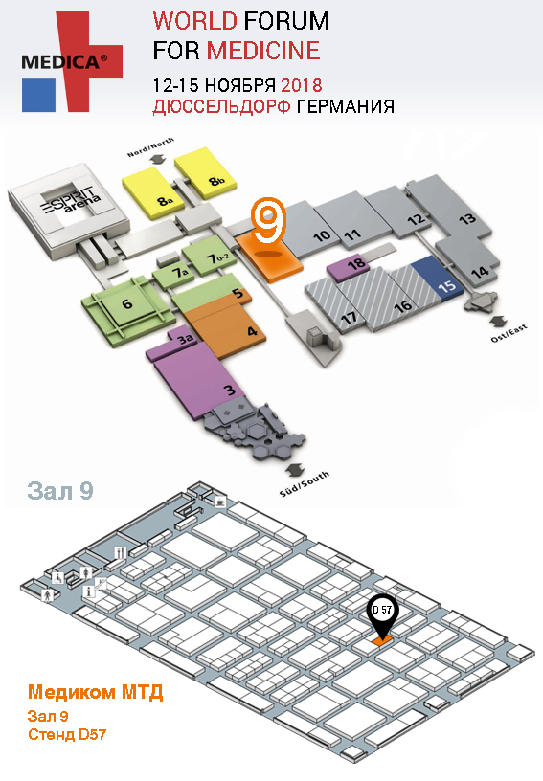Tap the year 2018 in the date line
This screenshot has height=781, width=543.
pyautogui.click(x=302, y=85)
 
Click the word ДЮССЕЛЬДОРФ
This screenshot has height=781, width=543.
pyautogui.click(x=221, y=106)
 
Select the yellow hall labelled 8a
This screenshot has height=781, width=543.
pyautogui.click(x=153, y=192)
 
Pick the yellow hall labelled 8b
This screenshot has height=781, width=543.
pyautogui.click(x=205, y=173)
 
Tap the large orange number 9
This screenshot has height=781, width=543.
pyautogui.click(x=268, y=220)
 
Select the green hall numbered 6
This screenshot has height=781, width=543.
pyautogui.click(x=127, y=310)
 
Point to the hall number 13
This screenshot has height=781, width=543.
pyautogui.click(x=467, y=218)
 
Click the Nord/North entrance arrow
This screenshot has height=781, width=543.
pyautogui.click(x=158, y=159)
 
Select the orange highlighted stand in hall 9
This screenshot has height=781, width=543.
pyautogui.click(x=383, y=641)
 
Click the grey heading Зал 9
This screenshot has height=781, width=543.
pyautogui.click(x=60, y=491)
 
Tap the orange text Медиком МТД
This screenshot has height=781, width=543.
pyautogui.click(x=95, y=692)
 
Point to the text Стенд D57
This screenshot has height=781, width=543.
pyautogui.click(x=67, y=735)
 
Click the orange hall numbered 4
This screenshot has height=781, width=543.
pyautogui.click(x=229, y=328)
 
